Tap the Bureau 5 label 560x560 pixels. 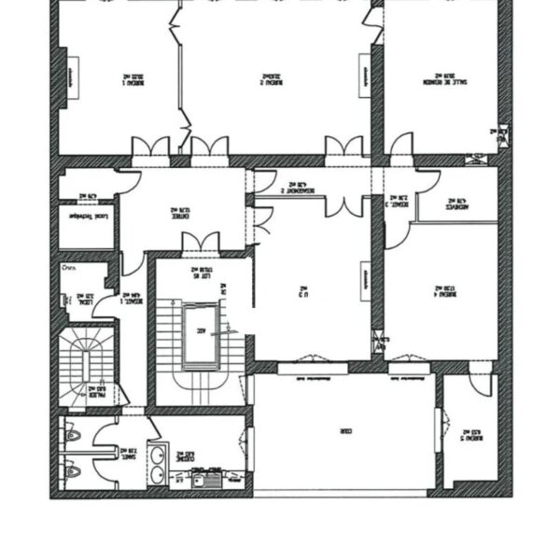pyautogui.click(x=472, y=434)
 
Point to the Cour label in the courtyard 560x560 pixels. pyautogui.click(x=343, y=432)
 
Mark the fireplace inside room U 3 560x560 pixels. pyautogui.click(x=366, y=279)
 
